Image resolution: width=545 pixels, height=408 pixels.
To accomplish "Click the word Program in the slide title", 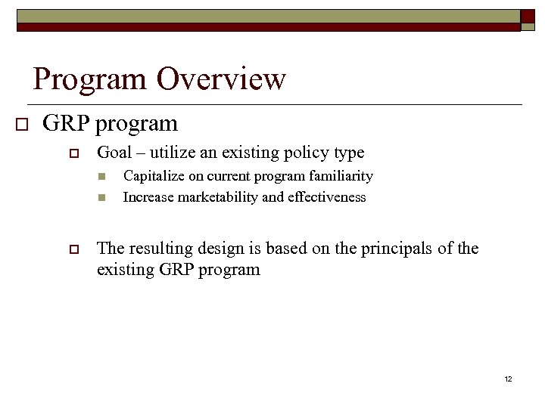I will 92,79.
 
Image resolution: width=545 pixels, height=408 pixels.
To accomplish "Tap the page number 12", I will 508,379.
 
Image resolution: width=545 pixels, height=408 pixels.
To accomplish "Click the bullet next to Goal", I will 74,153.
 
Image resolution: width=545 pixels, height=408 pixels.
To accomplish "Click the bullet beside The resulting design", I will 74,249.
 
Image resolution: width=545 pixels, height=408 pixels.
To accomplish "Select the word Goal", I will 114,153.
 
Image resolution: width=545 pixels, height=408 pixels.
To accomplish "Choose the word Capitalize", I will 151,176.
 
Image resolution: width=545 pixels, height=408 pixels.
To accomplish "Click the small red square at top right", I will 528,17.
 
